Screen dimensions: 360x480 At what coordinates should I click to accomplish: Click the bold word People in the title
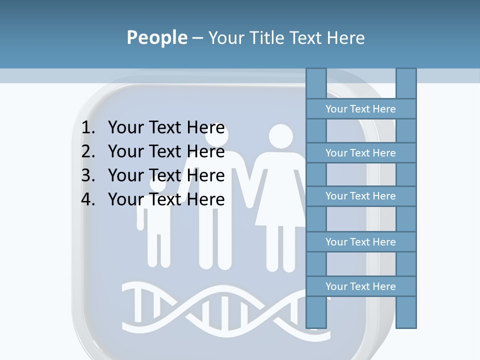pyautogui.click(x=157, y=37)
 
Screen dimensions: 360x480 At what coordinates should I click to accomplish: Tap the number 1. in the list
pyautogui.click(x=88, y=128)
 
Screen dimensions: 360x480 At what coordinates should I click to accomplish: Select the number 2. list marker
pyautogui.click(x=88, y=151)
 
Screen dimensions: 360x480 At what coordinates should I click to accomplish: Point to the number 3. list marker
pyautogui.click(x=88, y=175)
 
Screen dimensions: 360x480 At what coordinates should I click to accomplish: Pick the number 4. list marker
pyautogui.click(x=88, y=199)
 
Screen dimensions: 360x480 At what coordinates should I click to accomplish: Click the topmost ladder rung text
pyautogui.click(x=360, y=109)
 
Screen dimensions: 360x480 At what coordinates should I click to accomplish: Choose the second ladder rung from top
pyautogui.click(x=360, y=153)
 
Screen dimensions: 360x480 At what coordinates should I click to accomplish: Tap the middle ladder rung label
pyautogui.click(x=360, y=196)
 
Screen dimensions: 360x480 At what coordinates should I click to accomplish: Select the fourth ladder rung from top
pyautogui.click(x=360, y=242)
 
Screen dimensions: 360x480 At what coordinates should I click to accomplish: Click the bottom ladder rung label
pyautogui.click(x=360, y=286)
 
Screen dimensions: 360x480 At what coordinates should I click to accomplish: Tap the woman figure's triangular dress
pyautogui.click(x=280, y=200)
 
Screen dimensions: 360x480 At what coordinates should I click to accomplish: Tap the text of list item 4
pyautogui.click(x=166, y=199)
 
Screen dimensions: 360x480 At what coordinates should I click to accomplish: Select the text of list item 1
pyautogui.click(x=166, y=128)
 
